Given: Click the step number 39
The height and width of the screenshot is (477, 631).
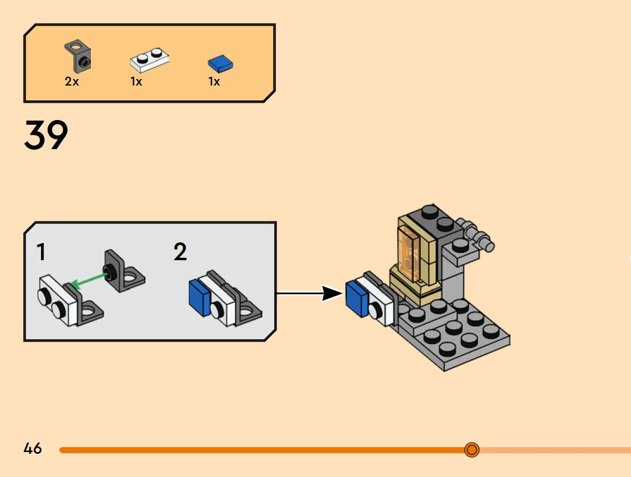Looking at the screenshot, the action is pos(46,135).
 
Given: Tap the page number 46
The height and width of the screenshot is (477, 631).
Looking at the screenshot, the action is pos(33,448).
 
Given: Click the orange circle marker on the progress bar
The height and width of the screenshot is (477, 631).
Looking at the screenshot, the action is pos(472,450).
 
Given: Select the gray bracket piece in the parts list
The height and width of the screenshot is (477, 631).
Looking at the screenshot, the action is pos(78,56).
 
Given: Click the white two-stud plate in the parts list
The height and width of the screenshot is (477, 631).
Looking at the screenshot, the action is pos(150,59).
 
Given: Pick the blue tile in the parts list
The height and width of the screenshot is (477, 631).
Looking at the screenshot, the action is pos(221,64).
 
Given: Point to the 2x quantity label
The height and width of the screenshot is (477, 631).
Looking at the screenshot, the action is pos(72,81).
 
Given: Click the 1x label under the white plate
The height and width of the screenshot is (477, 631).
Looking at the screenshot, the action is pos(136,81).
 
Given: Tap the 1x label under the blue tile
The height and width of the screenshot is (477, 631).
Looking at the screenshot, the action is pos(214,81).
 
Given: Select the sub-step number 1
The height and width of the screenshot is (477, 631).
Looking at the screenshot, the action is pos(41,252).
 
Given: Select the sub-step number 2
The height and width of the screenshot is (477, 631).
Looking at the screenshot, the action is pos(180,252).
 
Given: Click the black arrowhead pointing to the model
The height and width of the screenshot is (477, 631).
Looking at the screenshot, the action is pos(332,293).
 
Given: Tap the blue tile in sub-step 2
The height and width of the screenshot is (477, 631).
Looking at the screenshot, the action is pos(200,298).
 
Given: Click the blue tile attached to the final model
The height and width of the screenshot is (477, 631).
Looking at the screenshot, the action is pos(357,299).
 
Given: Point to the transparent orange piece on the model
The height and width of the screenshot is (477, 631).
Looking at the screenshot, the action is pos(409,254).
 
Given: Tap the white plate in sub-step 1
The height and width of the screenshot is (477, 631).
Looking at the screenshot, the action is pos(58,300).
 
